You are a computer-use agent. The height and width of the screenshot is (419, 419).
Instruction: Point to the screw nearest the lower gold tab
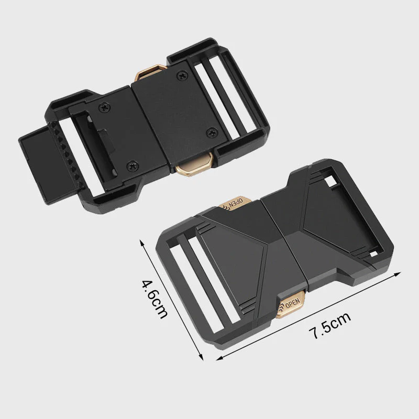[x=212, y=132]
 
